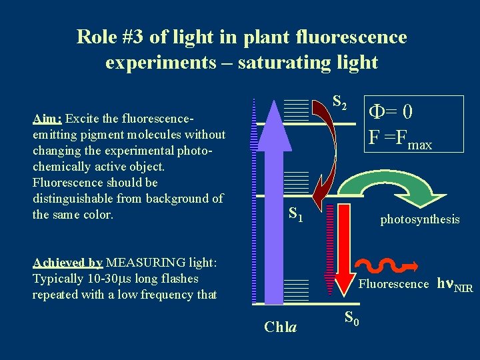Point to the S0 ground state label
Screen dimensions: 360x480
(352, 319)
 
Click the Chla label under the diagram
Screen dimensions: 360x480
(281, 327)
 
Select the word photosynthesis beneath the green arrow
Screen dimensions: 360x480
(419, 219)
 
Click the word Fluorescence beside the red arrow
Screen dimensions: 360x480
(393, 284)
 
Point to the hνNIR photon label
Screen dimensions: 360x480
(454, 285)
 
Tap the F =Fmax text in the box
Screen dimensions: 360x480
(400, 139)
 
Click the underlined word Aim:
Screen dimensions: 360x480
(47, 119)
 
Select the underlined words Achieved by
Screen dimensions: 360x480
(67, 262)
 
